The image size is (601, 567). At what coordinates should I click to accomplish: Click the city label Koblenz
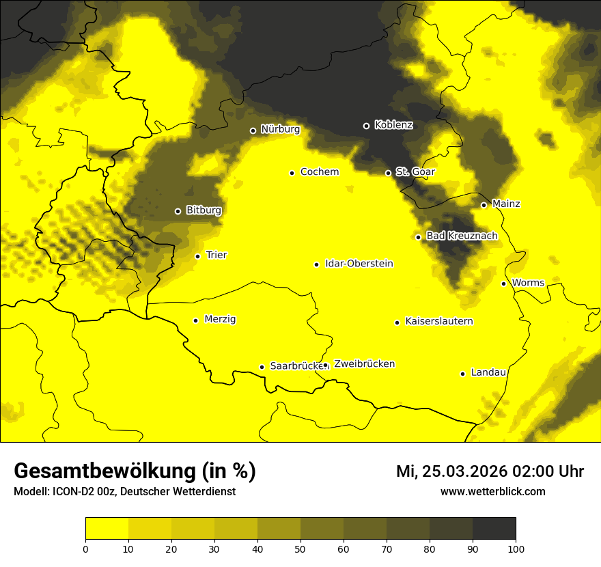tap(393, 125)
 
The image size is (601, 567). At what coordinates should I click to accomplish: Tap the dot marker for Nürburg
tap(253, 130)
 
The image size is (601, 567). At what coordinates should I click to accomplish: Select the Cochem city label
tap(319, 172)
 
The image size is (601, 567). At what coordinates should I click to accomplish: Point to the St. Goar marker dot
tap(388, 173)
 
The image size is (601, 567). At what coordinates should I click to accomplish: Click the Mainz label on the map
tap(506, 204)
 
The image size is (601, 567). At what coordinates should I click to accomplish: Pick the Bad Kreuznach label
tap(462, 236)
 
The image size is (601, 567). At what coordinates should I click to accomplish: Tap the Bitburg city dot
tap(178, 211)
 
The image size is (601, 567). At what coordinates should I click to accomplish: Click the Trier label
tap(216, 255)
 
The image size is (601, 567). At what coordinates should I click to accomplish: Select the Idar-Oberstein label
tap(359, 264)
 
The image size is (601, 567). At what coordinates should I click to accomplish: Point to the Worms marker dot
tap(503, 283)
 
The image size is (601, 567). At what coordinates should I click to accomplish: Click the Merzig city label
tap(221, 319)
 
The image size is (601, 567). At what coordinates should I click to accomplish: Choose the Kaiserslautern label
tap(439, 321)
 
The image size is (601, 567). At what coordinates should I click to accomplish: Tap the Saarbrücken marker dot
tap(262, 367)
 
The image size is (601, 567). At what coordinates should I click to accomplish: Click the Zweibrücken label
tap(364, 364)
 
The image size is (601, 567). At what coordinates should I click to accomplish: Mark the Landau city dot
tap(462, 374)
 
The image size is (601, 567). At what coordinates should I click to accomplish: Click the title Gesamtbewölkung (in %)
tap(135, 471)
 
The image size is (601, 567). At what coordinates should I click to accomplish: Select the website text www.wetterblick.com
tap(492, 491)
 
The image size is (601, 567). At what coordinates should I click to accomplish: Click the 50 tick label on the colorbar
tap(300, 548)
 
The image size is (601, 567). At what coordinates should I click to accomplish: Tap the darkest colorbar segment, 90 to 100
tap(494, 528)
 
